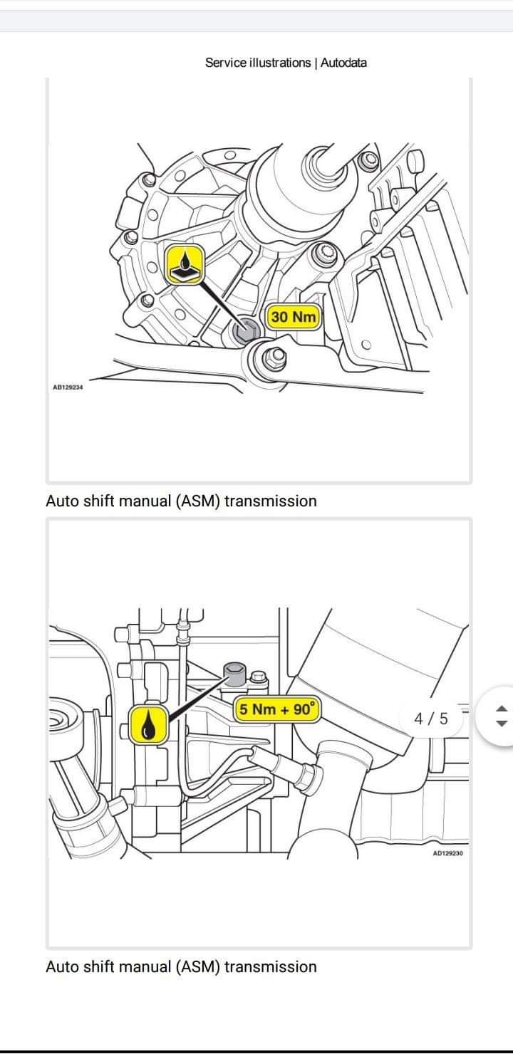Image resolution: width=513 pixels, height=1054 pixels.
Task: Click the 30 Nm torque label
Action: (x=293, y=317)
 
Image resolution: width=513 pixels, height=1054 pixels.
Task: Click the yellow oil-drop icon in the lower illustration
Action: (x=149, y=725)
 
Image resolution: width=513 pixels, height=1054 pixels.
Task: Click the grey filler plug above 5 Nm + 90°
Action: (x=235, y=671)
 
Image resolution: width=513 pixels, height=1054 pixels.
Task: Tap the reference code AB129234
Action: (x=68, y=388)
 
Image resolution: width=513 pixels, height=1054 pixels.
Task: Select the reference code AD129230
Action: (x=447, y=852)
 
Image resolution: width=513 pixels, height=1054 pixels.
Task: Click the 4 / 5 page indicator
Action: (x=432, y=718)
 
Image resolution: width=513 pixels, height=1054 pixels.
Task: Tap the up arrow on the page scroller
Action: (x=501, y=709)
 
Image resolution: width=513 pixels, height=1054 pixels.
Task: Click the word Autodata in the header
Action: (x=343, y=63)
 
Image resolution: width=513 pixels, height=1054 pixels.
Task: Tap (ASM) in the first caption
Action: (x=198, y=501)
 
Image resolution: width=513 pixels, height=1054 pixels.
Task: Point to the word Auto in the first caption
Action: (x=61, y=501)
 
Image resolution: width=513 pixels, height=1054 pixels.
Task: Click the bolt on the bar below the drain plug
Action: (x=271, y=357)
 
